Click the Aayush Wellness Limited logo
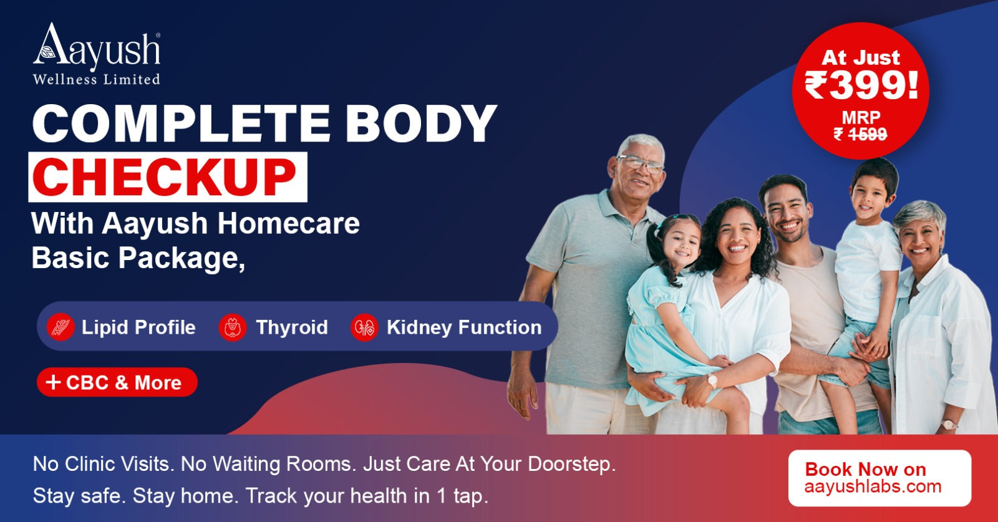point(97,54)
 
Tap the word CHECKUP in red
point(165,177)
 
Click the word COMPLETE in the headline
point(182,123)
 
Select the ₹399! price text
point(861,85)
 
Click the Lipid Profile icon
point(61,327)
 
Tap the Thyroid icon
point(233,327)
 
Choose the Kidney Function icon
point(364,327)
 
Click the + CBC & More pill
point(117,382)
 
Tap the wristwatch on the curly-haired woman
point(712,381)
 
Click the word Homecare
point(288,223)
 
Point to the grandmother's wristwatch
point(948,424)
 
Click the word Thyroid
point(292,328)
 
